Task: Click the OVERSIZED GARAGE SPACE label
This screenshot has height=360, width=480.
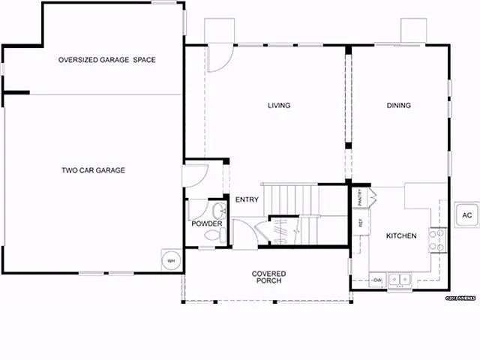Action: click(x=107, y=60)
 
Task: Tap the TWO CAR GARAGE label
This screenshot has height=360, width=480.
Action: click(x=93, y=170)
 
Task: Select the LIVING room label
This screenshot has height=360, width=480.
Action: click(x=279, y=106)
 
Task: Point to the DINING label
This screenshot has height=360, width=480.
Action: click(x=399, y=106)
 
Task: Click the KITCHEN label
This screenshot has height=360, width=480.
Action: click(x=401, y=236)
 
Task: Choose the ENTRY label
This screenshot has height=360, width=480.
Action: click(x=247, y=199)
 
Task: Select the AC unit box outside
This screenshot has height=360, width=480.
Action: click(x=466, y=216)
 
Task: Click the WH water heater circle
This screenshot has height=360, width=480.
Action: click(x=171, y=260)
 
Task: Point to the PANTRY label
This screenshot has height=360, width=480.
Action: click(x=360, y=199)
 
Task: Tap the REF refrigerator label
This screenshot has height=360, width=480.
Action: click(x=360, y=223)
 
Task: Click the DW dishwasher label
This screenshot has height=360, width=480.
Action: click(x=377, y=280)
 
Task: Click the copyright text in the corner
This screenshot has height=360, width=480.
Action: click(x=462, y=298)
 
